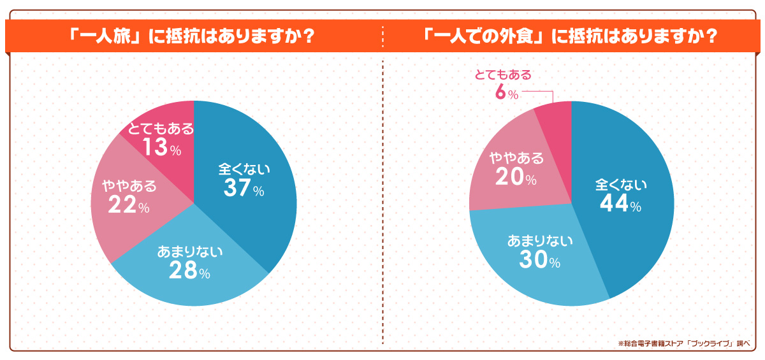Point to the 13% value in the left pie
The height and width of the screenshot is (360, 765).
(x=161, y=148)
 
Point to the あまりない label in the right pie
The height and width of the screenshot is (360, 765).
(x=540, y=241)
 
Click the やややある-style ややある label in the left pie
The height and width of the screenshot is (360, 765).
(x=129, y=187)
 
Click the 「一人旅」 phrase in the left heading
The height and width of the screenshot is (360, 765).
(x=107, y=37)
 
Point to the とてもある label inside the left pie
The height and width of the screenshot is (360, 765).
(x=161, y=129)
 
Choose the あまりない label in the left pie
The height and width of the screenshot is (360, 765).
(x=190, y=252)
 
